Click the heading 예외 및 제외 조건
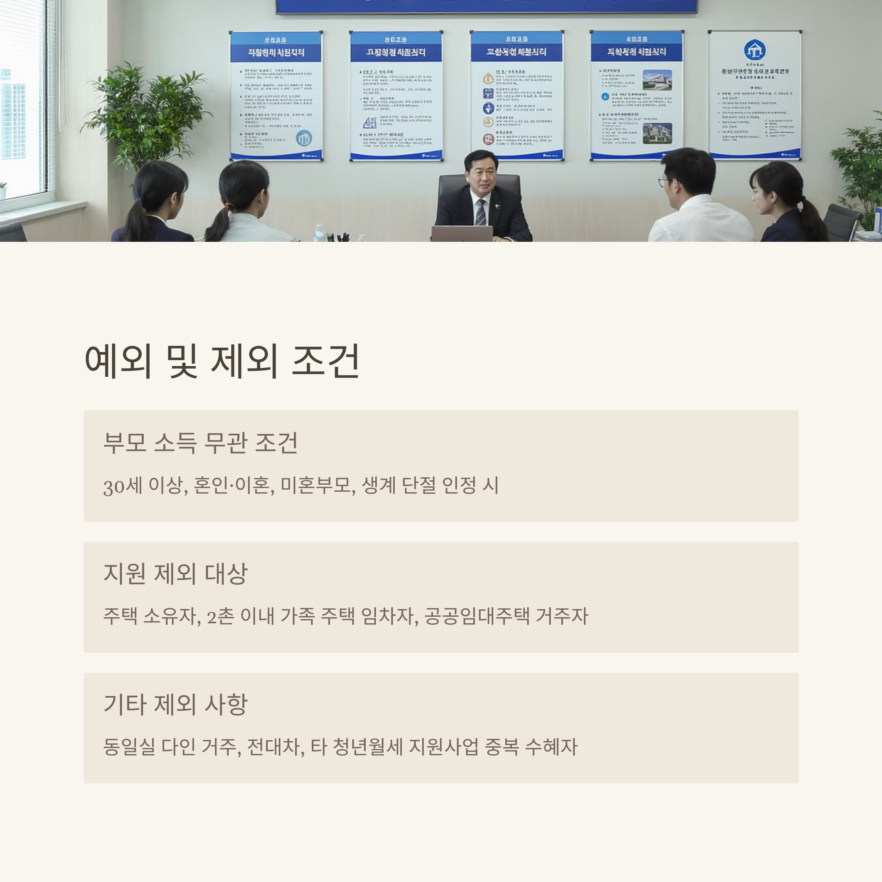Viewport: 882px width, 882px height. click(222, 361)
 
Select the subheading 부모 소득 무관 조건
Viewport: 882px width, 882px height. click(200, 442)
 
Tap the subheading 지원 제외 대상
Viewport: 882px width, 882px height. click(175, 573)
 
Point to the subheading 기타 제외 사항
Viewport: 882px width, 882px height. click(175, 704)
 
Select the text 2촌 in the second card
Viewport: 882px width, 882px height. click(220, 616)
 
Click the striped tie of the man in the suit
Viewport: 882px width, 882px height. click(480, 212)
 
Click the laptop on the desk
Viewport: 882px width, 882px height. click(462, 233)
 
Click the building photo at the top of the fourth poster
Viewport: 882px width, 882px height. click(657, 80)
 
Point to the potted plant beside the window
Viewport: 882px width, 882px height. click(145, 114)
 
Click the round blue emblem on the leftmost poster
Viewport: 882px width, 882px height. click(304, 138)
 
